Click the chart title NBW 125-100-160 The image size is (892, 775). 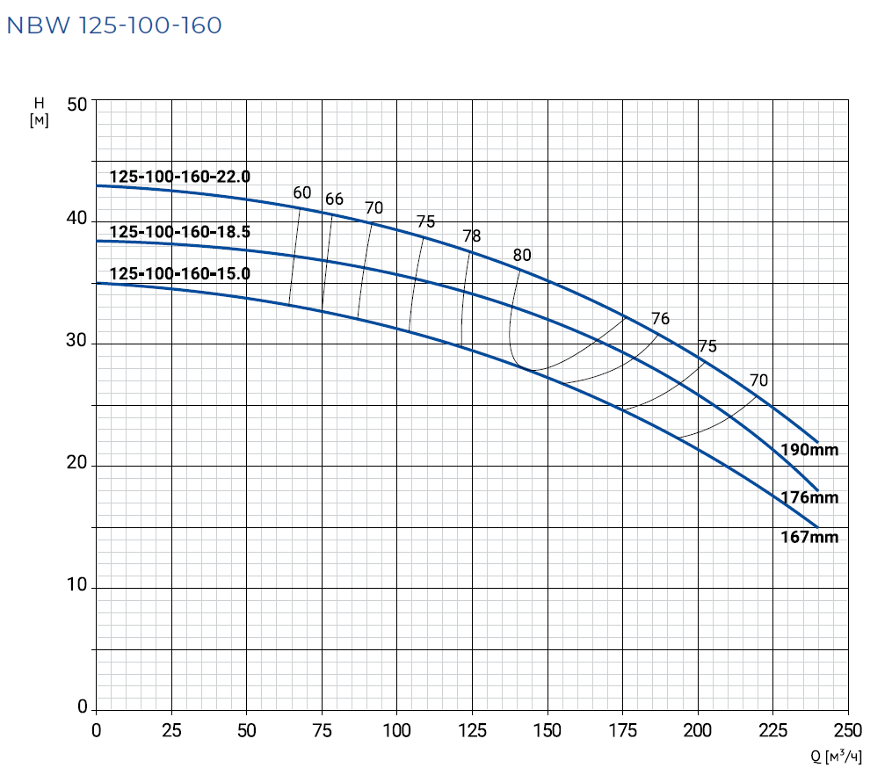[114, 25]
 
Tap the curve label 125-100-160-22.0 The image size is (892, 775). [179, 177]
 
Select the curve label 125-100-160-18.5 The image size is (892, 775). [179, 233]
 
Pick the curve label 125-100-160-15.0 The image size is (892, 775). [179, 273]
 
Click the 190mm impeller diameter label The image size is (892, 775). [809, 450]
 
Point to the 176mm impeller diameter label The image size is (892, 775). [809, 497]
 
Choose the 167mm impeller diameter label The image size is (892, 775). [809, 537]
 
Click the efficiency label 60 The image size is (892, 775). [301, 192]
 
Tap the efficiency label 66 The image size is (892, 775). [334, 199]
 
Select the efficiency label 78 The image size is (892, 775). [472, 235]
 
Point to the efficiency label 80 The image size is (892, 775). [522, 256]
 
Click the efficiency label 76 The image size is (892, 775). [660, 319]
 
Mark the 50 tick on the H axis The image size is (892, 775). [77, 104]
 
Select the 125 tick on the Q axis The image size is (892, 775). [472, 730]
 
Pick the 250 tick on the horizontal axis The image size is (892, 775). [847, 730]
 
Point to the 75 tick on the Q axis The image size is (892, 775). [322, 730]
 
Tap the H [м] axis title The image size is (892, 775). [39, 112]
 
